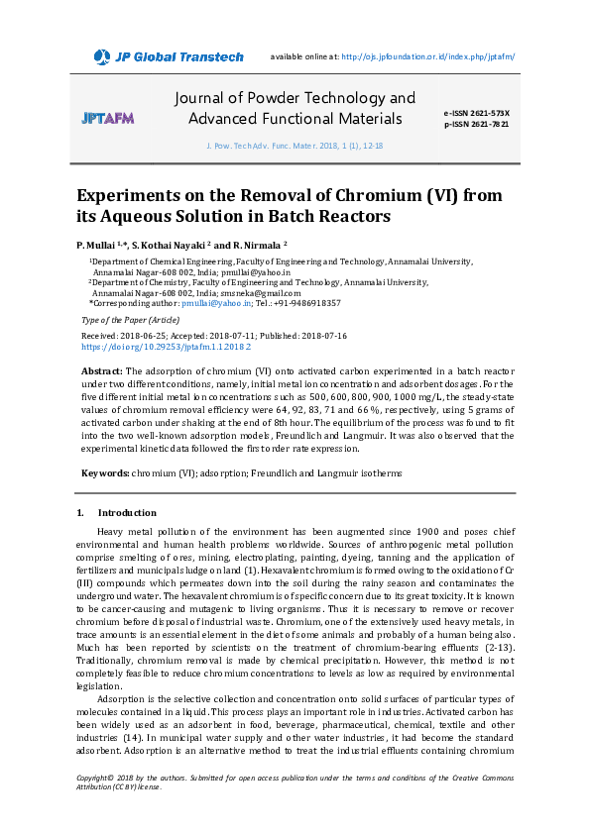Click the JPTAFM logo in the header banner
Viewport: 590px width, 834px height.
click(x=107, y=118)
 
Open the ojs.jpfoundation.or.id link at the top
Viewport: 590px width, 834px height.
click(x=427, y=56)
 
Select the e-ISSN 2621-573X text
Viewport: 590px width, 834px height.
click(x=476, y=114)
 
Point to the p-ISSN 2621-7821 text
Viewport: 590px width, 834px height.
click(x=476, y=125)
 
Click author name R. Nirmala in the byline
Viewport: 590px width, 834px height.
click(x=260, y=245)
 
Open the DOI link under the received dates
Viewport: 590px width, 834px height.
click(x=165, y=348)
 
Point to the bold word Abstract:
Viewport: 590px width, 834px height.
click(x=101, y=370)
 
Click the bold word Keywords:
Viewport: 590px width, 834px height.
click(x=104, y=473)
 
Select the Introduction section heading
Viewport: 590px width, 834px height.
click(x=127, y=513)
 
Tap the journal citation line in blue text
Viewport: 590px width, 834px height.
click(x=294, y=145)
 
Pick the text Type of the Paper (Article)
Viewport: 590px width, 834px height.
click(x=130, y=321)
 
